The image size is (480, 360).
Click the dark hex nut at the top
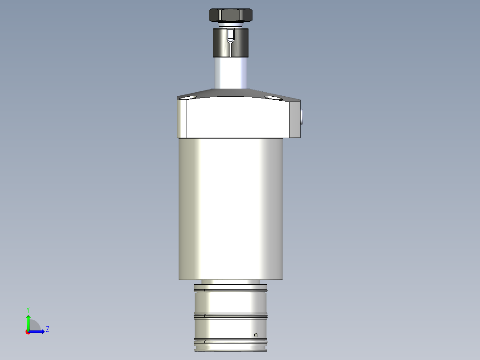[x=231, y=15]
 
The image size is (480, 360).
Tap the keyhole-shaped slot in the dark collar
[x=230, y=37]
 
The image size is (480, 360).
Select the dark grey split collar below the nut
[x=221, y=43]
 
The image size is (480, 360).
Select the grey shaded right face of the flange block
[x=296, y=120]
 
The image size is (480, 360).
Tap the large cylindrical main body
[x=231, y=209]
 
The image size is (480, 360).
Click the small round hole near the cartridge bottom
[x=256, y=335]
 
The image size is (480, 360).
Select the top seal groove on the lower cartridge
[x=231, y=291]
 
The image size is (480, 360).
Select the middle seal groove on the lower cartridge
[x=231, y=315]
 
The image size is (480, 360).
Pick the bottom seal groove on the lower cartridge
[x=231, y=342]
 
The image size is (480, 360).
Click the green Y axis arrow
[x=28, y=322]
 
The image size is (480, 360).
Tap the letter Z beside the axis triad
[x=47, y=329]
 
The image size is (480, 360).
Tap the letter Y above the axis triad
[x=28, y=310]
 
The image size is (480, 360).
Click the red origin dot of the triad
[x=28, y=331]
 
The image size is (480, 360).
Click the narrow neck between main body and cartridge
[x=231, y=282]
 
